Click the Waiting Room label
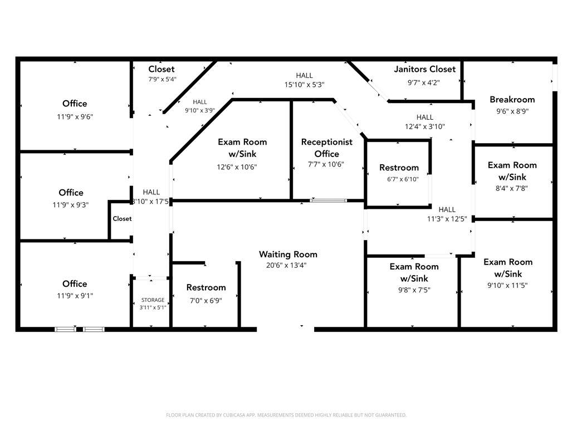[x=288, y=254]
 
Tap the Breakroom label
[x=512, y=99]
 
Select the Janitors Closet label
[x=424, y=69]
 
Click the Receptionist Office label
[x=327, y=148]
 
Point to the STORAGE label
[x=153, y=300]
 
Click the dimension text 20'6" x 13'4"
[x=286, y=265]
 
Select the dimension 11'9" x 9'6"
[x=75, y=117]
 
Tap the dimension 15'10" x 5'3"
[x=304, y=85]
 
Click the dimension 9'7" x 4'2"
[x=423, y=83]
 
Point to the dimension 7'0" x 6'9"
[x=206, y=301]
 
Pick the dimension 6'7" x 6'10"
[x=403, y=179]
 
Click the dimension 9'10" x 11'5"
[x=507, y=285]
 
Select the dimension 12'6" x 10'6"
[x=237, y=167]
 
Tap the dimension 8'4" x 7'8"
[x=512, y=188]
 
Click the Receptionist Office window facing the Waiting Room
[x=328, y=200]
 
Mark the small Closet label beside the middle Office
[x=122, y=218]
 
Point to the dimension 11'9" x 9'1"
[x=75, y=296]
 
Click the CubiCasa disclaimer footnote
[x=286, y=415]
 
